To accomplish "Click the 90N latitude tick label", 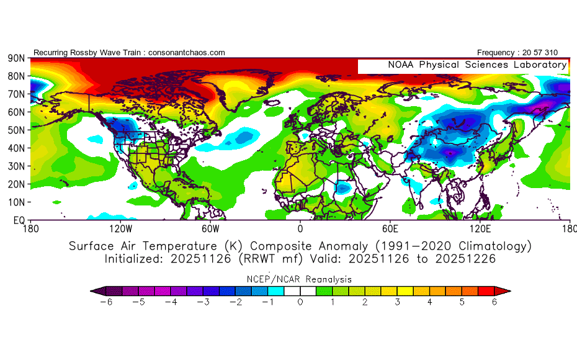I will (x=16, y=58).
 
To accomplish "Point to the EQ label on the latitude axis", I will (x=18, y=220).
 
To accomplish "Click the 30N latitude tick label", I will (x=16, y=166).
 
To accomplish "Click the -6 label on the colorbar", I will (x=110, y=302).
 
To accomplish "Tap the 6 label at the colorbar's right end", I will (x=494, y=302).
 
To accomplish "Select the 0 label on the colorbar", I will (x=300, y=302).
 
